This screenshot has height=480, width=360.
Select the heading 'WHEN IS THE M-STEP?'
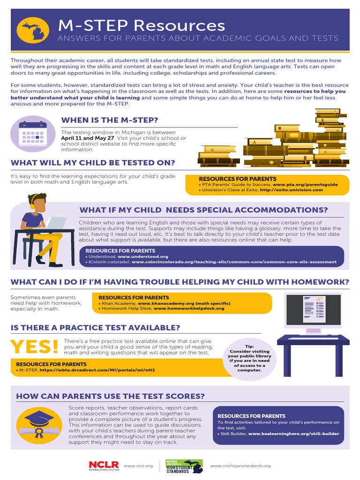[109, 120]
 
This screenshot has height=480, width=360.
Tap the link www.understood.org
[143, 257]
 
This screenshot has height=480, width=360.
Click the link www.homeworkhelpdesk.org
[189, 308]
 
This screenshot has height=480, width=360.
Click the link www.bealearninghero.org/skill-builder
[293, 434]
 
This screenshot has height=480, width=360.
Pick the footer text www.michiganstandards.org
[240, 465]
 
